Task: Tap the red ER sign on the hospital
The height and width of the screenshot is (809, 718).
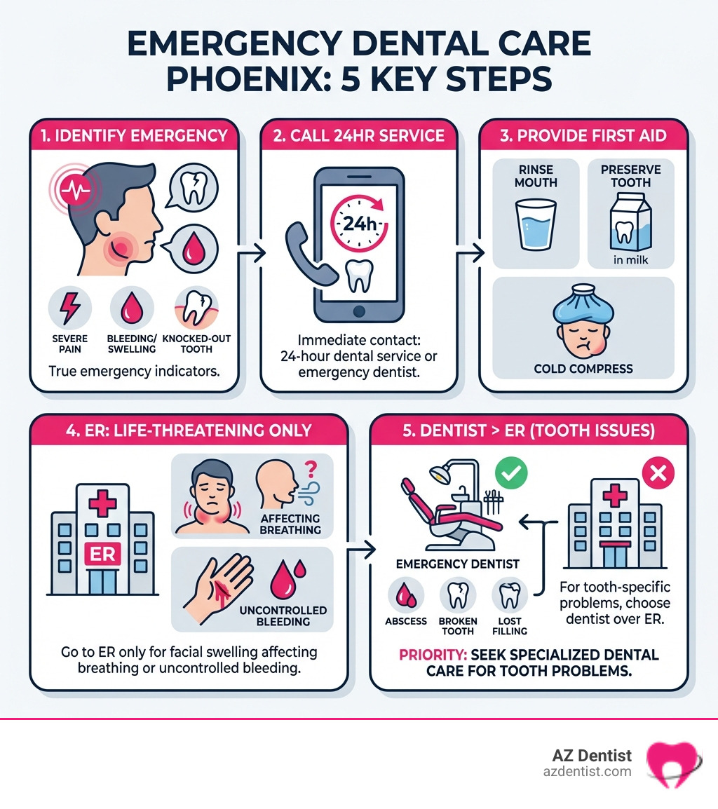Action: [101, 554]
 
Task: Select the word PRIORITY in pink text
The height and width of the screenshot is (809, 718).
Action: [428, 655]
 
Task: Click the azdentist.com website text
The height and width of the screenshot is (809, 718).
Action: [587, 771]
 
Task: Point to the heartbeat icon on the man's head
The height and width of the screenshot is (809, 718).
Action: [72, 188]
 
